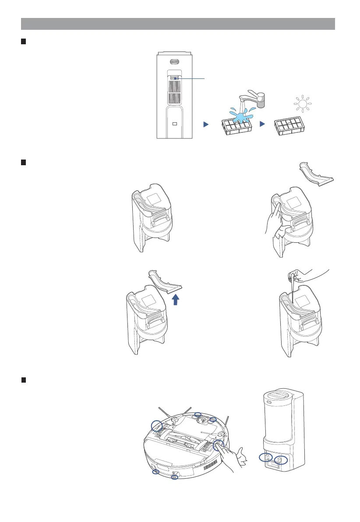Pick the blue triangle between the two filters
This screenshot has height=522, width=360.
262,124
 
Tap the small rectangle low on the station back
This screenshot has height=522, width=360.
174,124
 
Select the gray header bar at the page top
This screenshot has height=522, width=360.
178,23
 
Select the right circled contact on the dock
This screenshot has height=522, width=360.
281,460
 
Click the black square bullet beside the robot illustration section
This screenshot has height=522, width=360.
24,380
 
